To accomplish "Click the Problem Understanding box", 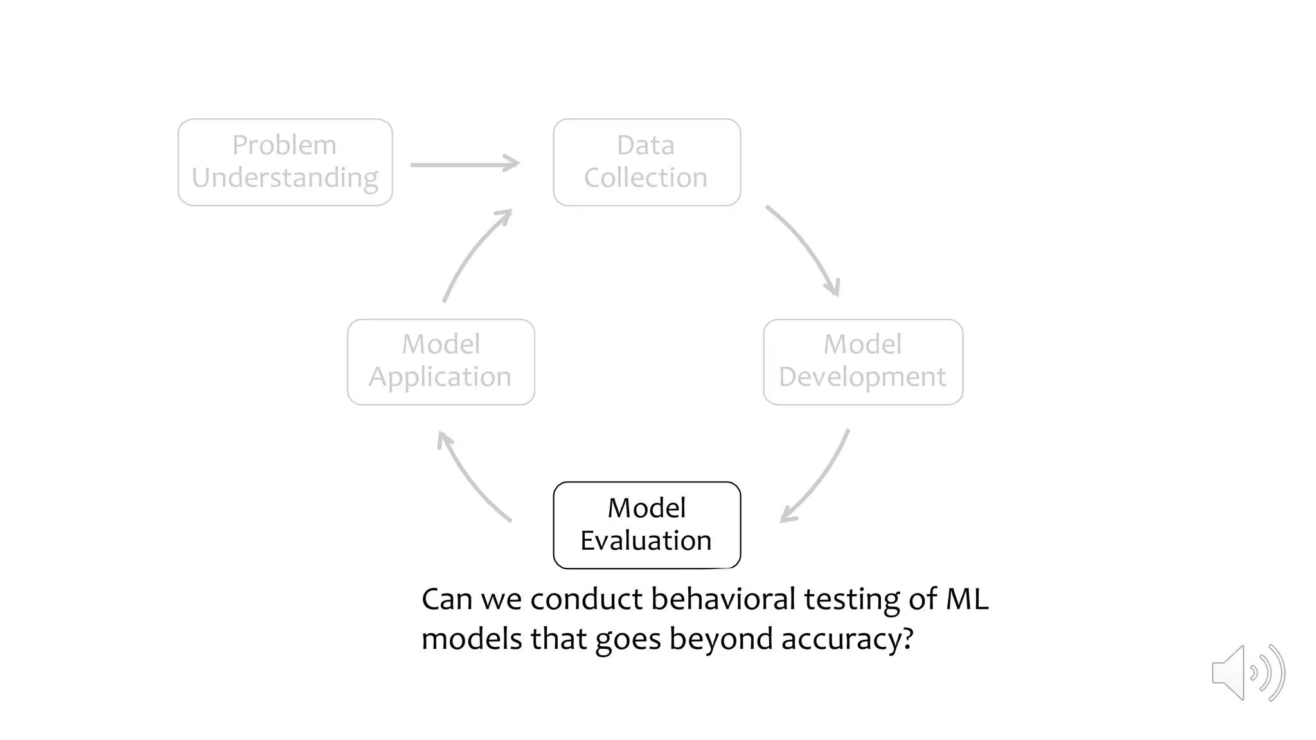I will (x=285, y=162).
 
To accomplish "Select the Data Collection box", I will (x=646, y=162).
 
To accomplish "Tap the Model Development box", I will (x=862, y=362).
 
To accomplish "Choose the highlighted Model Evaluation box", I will (x=646, y=525).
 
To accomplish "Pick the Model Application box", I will (x=441, y=362).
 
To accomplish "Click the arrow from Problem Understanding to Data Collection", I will (x=464, y=164).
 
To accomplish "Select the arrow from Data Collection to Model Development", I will (x=807, y=247).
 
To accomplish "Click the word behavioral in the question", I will (x=723, y=599).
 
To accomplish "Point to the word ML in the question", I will (x=966, y=599).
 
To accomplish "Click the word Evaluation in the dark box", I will (x=646, y=541).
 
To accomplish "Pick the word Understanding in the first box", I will (x=285, y=178).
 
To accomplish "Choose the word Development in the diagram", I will (x=862, y=377).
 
